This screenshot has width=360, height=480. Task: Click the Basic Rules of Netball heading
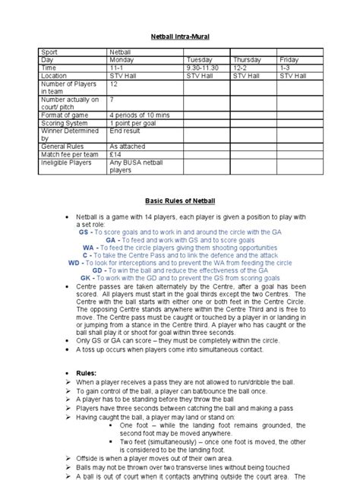(x=180, y=201)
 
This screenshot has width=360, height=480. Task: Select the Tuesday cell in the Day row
(x=196, y=59)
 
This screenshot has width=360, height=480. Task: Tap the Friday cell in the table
(x=289, y=59)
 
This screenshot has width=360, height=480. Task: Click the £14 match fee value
(x=115, y=154)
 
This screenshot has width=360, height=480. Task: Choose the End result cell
(x=125, y=129)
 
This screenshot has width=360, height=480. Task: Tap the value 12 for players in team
(x=113, y=84)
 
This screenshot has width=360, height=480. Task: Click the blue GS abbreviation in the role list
(x=84, y=230)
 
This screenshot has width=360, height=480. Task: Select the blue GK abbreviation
(x=85, y=278)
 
